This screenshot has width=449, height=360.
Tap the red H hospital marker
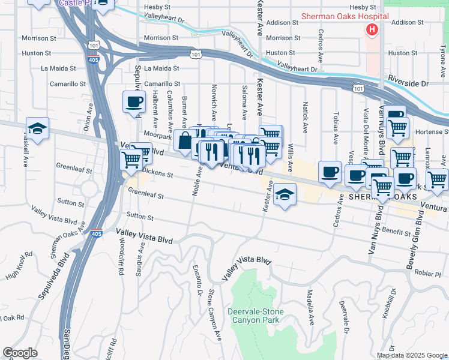point(372,29)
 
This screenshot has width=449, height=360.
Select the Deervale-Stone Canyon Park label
point(256,316)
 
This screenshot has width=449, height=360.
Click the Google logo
point(20,353)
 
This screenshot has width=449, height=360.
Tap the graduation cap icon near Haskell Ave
point(37,129)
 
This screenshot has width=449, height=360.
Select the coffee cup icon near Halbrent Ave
point(134,101)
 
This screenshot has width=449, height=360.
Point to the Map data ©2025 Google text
point(411,355)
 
